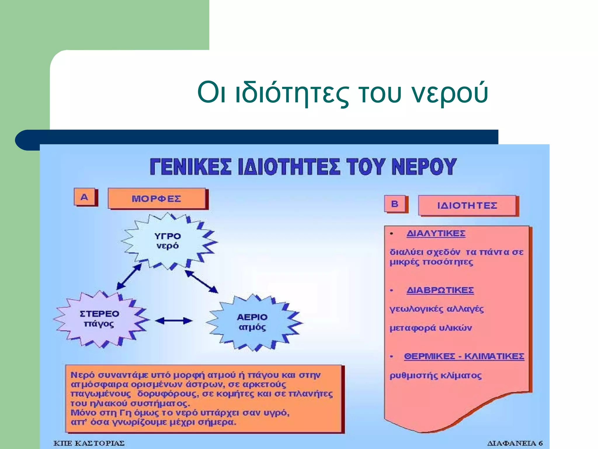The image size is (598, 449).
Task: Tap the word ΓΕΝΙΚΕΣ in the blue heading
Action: pyautogui.click(x=190, y=167)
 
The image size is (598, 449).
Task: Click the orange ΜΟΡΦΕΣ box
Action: pyautogui.click(x=157, y=199)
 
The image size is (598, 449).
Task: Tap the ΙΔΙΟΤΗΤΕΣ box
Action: pyautogui.click(x=467, y=205)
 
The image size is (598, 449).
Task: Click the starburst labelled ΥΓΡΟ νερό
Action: pyautogui.click(x=168, y=241)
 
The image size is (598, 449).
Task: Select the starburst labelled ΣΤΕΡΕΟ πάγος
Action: pyautogui.click(x=99, y=319)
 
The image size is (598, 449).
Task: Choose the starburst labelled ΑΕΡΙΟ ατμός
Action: pyautogui.click(x=252, y=322)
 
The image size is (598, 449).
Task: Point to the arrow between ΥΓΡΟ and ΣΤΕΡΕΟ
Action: pyautogui.click(x=129, y=277)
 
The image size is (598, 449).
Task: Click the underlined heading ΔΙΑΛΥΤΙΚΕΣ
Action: pyautogui.click(x=436, y=234)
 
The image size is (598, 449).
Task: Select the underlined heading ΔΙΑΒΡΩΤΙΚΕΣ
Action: pyautogui.click(x=440, y=290)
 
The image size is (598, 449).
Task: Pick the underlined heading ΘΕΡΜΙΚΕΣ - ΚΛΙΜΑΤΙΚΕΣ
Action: pyautogui.click(x=464, y=356)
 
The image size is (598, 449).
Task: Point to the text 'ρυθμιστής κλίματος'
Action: pyautogui.click(x=436, y=376)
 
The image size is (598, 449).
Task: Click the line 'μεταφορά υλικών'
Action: pyautogui.click(x=431, y=328)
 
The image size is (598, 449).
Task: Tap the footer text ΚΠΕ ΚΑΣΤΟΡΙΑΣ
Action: pyautogui.click(x=89, y=443)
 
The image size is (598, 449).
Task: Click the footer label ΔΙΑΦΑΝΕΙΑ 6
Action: pyautogui.click(x=515, y=443)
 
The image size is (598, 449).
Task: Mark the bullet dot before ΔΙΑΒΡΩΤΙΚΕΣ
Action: pyautogui.click(x=392, y=291)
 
